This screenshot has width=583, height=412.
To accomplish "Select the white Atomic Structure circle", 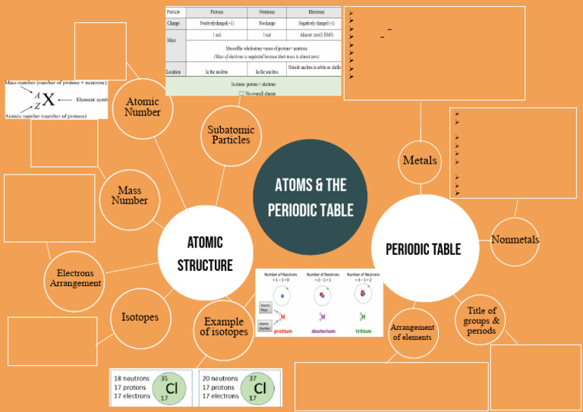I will [205, 253].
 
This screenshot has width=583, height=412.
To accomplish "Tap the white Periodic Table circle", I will [423, 248].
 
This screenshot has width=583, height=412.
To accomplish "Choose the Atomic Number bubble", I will [143, 107].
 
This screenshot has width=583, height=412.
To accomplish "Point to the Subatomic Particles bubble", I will [231, 135].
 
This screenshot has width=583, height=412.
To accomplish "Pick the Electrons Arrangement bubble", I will [75, 278].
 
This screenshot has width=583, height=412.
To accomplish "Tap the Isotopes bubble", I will [140, 317].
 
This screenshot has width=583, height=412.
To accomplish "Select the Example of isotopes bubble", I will [224, 327].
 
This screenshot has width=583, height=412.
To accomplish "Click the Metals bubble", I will [420, 161].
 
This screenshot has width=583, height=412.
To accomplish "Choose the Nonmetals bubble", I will [515, 240].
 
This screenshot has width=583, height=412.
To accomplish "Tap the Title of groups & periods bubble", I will [481, 320].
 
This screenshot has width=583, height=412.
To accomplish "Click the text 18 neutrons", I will [131, 379].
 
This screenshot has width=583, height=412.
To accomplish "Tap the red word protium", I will [282, 332].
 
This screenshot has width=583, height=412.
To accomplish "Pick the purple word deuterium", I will [322, 332].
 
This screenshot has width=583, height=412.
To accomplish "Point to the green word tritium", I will [362, 332].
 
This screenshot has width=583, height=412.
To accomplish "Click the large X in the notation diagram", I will [49, 99].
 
